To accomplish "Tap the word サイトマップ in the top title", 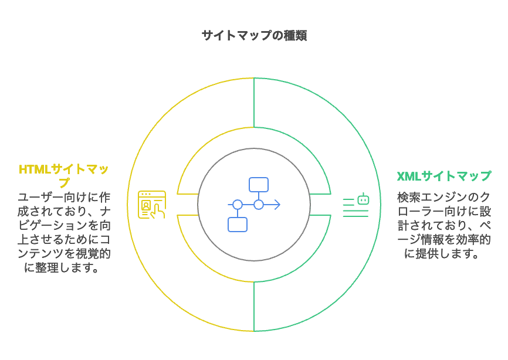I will (x=237, y=36).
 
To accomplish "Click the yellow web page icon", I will (x=152, y=204).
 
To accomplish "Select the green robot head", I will (x=363, y=199).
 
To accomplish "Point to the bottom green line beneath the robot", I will (x=355, y=216).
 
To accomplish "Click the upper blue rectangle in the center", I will (x=259, y=185).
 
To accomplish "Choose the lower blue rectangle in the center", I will (x=237, y=224).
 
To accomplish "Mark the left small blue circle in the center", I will (x=237, y=205).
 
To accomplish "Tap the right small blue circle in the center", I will (x=259, y=205).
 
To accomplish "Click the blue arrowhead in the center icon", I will (x=277, y=205).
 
